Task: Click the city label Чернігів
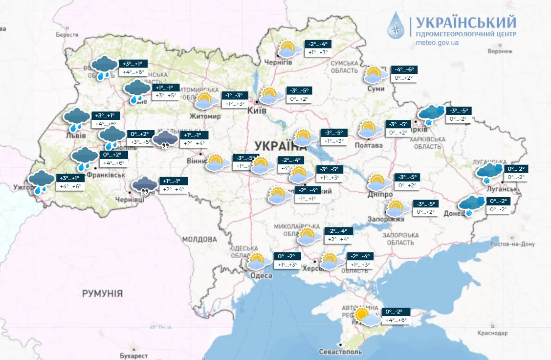(278, 63)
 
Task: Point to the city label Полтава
(368, 145)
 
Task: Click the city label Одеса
(262, 276)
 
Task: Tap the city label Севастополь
(340, 352)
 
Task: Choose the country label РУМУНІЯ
(102, 293)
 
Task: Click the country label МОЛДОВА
(199, 240)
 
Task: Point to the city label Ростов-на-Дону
(513, 244)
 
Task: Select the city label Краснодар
(492, 333)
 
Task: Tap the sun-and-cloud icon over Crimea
(366, 317)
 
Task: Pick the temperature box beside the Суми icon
(404, 74)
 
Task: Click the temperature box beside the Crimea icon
(396, 316)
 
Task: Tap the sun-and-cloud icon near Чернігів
(289, 50)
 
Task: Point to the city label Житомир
(205, 116)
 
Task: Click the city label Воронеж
(499, 51)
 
